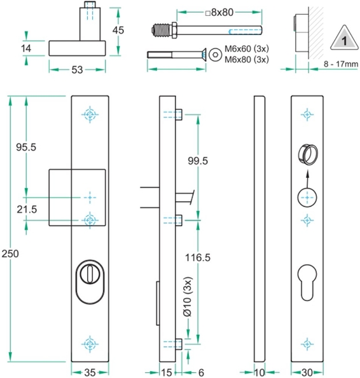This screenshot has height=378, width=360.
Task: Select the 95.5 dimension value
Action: [x=25, y=147]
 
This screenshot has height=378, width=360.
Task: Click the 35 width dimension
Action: [x=90, y=372]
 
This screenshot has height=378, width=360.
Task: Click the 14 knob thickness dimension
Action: [x=25, y=48]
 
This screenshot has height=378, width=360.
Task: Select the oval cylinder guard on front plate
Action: [x=90, y=280]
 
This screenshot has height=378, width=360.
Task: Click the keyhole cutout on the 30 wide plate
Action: [x=307, y=280]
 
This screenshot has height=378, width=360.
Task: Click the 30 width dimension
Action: [x=307, y=372]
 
